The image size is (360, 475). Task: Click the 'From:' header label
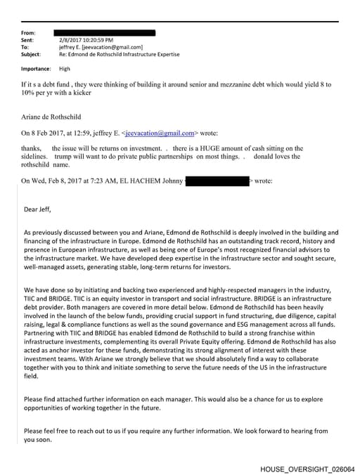(x=29, y=33)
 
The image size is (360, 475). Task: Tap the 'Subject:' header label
(x=31, y=54)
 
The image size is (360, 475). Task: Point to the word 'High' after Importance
(x=65, y=69)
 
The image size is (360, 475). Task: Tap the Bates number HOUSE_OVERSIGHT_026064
(x=307, y=468)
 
